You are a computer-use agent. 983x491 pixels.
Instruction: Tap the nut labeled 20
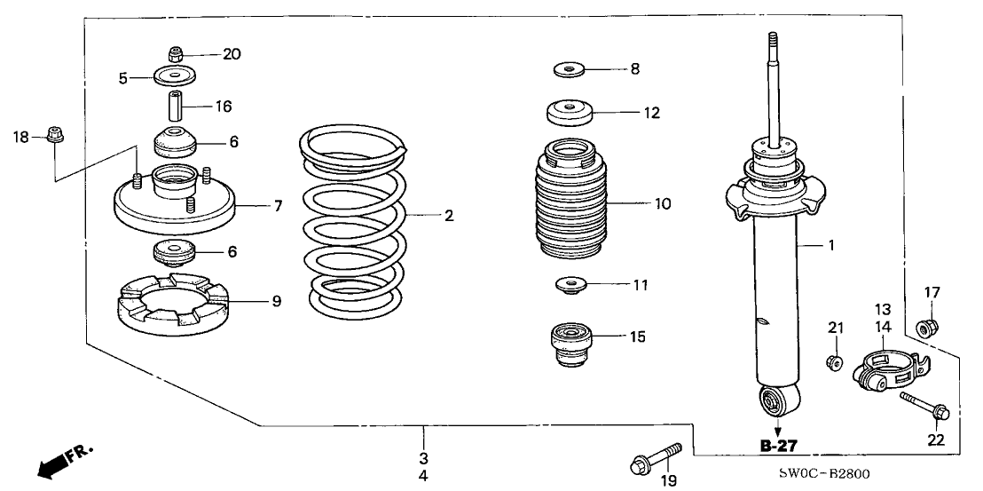click(x=176, y=54)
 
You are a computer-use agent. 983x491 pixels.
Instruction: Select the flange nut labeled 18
click(x=55, y=136)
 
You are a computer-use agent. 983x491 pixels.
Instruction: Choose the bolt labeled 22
click(x=924, y=406)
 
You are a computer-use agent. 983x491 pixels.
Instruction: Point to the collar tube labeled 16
click(x=174, y=107)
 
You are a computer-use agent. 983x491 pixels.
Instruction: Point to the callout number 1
click(x=830, y=245)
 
